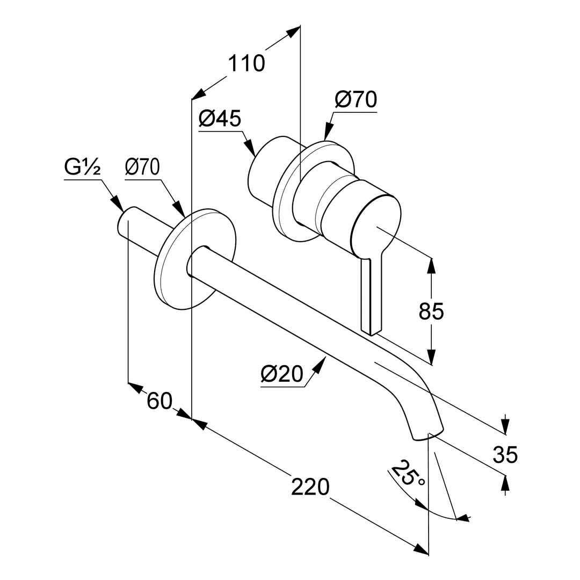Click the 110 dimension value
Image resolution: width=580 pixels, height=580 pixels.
click(x=247, y=63)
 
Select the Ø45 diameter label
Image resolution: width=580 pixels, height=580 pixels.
click(x=220, y=118)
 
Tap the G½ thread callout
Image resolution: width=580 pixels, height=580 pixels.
click(x=82, y=168)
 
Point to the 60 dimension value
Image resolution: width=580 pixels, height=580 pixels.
click(x=159, y=401)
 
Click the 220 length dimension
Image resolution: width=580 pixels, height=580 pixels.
click(x=310, y=487)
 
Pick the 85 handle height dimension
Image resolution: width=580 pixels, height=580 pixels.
click(x=431, y=311)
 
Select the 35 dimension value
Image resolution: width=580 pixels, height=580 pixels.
click(x=505, y=454)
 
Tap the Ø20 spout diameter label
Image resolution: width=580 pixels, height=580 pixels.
click(x=282, y=374)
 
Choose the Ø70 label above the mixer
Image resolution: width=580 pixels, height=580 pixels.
click(x=356, y=99)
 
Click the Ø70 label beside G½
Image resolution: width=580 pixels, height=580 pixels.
click(x=142, y=168)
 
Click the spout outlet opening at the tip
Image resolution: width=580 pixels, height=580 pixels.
click(x=429, y=435)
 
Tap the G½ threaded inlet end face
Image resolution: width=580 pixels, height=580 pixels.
click(x=124, y=223)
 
